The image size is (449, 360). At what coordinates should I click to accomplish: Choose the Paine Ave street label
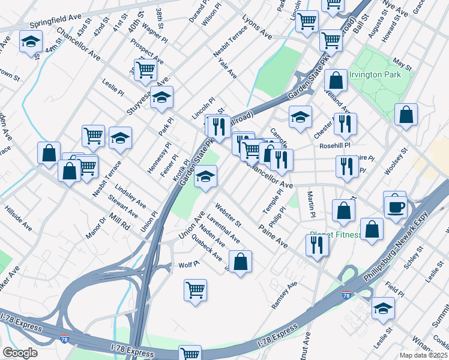(x=273, y=237)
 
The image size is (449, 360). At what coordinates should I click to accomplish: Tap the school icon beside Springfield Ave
(x=29, y=43)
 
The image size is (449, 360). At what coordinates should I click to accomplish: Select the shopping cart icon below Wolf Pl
(x=196, y=290)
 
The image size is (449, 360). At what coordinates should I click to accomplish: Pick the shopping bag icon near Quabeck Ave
(x=240, y=262)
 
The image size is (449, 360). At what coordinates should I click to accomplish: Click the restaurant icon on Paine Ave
(x=316, y=245)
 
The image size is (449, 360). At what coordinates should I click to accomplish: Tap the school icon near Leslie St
(x=383, y=308)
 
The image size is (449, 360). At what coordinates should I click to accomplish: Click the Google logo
(x=20, y=353)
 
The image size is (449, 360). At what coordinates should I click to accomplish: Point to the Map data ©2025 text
(x=423, y=355)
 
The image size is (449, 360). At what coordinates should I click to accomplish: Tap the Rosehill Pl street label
(x=334, y=145)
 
